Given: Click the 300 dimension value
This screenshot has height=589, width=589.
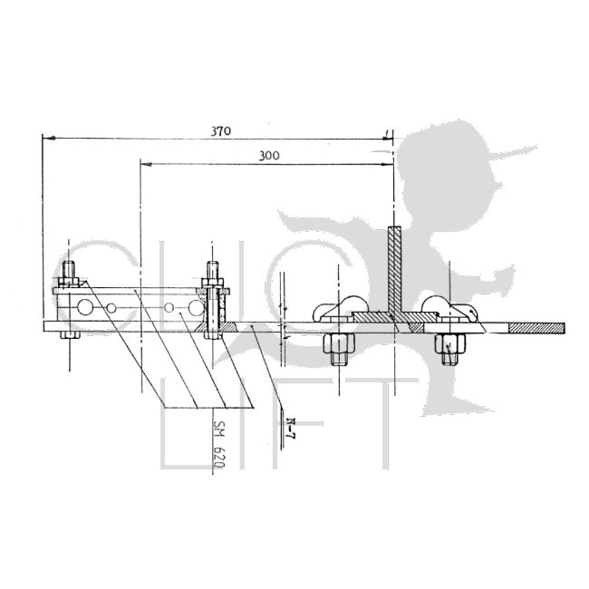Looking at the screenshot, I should pyautogui.click(x=268, y=156).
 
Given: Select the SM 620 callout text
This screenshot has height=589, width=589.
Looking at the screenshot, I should pyautogui.click(x=220, y=449).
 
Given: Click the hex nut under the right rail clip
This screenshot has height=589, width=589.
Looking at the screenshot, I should pyautogui.click(x=448, y=344).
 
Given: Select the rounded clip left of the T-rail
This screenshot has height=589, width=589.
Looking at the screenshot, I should pyautogui.click(x=337, y=309).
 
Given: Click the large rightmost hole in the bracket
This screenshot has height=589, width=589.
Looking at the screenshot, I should pyautogui.click(x=195, y=306).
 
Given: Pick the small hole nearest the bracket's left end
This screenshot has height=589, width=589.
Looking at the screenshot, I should pyautogui.click(x=111, y=308).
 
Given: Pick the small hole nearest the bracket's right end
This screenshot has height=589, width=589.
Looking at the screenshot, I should pyautogui.click(x=169, y=308).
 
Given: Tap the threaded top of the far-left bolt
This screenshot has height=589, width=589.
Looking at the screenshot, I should pyautogui.click(x=68, y=269).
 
